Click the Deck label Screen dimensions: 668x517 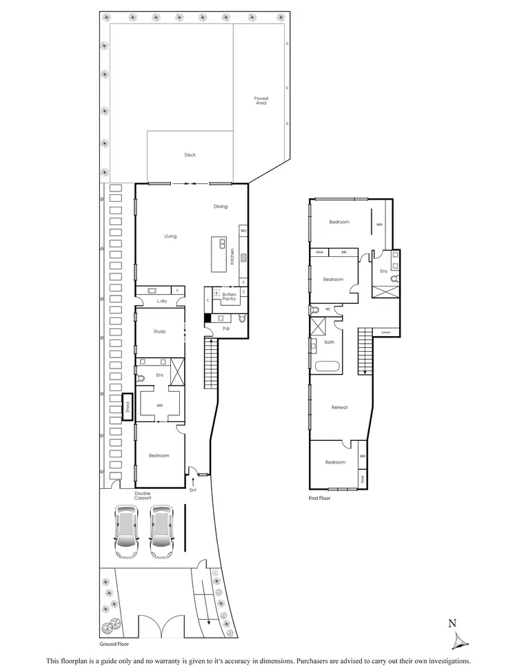point(190,155)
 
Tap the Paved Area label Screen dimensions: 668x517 point(261,101)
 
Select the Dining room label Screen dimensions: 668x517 point(220,206)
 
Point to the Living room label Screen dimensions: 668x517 point(170,236)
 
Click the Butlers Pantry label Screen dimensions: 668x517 point(229,296)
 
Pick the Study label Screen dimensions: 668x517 point(159,331)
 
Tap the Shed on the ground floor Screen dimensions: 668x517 point(127,406)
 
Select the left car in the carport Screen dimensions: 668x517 point(128,532)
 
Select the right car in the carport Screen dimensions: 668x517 point(161,532)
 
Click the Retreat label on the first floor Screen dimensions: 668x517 point(339,407)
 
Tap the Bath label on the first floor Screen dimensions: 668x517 point(330,342)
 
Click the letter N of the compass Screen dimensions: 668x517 point(452,624)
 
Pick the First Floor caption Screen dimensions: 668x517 point(320,497)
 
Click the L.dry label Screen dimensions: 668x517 point(162,302)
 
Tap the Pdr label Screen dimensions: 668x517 point(225,328)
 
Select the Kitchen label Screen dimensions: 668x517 point(234,256)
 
